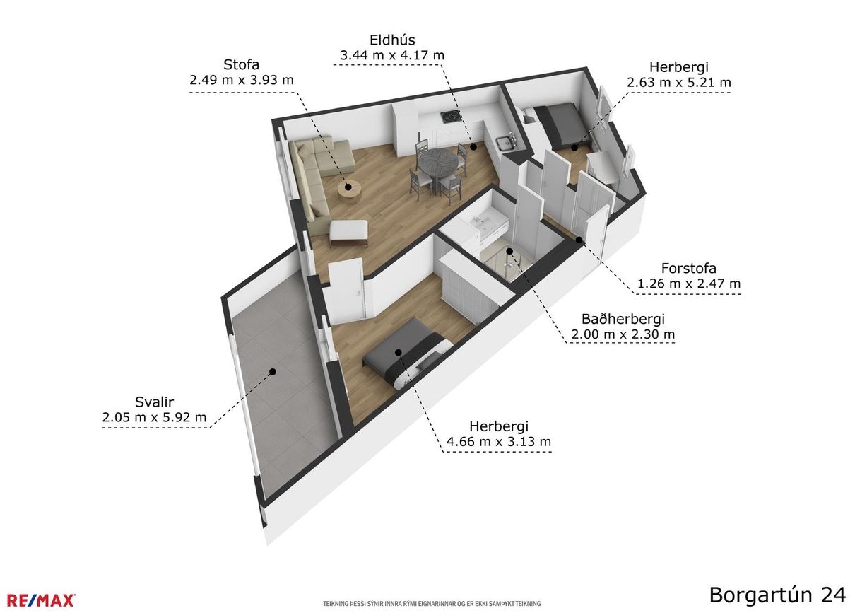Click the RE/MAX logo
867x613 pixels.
[x=41, y=600]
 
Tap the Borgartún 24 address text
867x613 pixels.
[x=777, y=595]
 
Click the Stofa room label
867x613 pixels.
[x=241, y=64]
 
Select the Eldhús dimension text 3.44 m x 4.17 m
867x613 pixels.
[x=392, y=55]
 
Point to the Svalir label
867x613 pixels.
[x=155, y=402]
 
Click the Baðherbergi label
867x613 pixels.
[x=623, y=319]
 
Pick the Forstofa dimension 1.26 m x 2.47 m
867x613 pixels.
[x=688, y=284]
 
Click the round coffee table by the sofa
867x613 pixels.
[x=349, y=189]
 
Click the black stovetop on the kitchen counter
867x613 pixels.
[x=452, y=115]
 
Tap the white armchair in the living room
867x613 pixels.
[x=348, y=232]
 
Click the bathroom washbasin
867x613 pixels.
[x=481, y=221]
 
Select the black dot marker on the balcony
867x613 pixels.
[x=273, y=372]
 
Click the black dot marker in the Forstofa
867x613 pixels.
[x=579, y=240]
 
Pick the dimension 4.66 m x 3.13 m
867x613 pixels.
[x=499, y=441]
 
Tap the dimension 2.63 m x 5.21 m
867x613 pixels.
[x=679, y=83]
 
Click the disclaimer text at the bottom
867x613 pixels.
[x=432, y=603]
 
